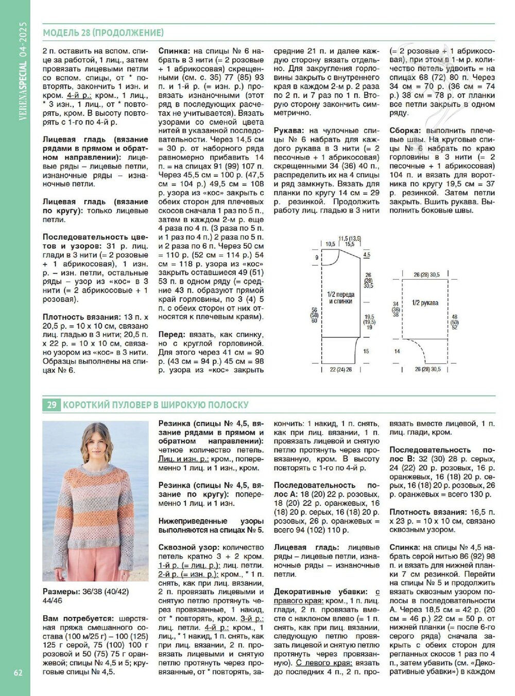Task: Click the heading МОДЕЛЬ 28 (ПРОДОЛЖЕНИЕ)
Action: click(103, 33)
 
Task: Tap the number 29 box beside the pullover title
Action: click(51, 405)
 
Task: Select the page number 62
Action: click(18, 672)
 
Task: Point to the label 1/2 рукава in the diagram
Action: click(425, 303)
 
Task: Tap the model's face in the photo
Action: click(96, 441)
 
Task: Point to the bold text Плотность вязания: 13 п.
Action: click(95, 317)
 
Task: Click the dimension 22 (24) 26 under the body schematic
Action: click(340, 369)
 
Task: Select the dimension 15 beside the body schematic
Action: click(366, 351)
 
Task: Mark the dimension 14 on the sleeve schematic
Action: click(397, 351)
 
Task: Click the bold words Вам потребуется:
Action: click(78, 618)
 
